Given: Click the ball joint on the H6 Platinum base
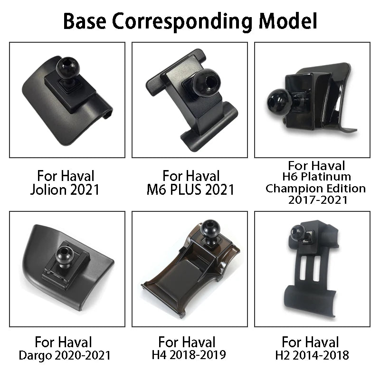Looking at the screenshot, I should (275, 99).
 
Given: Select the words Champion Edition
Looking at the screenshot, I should (316, 189).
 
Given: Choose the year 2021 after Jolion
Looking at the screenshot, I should (85, 190).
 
